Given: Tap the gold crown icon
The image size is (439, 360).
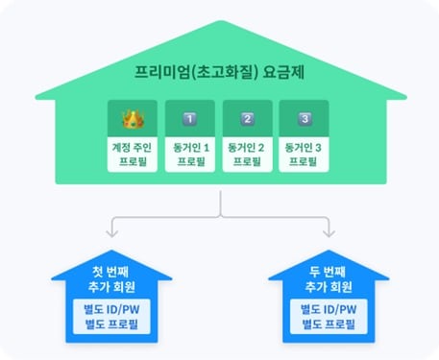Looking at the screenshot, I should click(x=133, y=120).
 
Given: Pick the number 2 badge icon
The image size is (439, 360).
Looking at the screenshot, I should click(x=248, y=120).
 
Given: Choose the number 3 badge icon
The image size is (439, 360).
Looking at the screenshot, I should click(x=304, y=120).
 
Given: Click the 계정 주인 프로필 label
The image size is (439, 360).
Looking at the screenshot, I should click(x=133, y=154).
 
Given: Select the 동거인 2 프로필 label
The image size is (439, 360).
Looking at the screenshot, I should click(x=248, y=154).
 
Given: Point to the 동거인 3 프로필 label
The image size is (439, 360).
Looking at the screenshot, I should click(x=304, y=154).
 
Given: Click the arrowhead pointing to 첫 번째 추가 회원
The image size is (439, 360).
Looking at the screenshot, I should click(x=113, y=233).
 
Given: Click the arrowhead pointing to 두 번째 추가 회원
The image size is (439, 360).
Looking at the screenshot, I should click(x=329, y=233).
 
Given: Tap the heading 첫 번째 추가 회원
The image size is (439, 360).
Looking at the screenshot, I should click(x=112, y=279).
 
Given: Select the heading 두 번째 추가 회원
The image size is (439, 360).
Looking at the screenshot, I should click(x=329, y=279).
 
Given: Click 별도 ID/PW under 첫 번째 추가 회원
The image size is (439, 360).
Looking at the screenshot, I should click(x=112, y=309).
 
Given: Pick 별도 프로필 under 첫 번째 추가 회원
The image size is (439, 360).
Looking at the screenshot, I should click(x=112, y=324).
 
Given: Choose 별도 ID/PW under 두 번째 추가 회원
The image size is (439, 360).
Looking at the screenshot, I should click(x=329, y=309).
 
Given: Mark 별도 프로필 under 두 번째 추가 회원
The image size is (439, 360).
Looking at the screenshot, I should click(x=329, y=324).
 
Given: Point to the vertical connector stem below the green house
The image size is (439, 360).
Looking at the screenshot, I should click(x=221, y=201).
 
